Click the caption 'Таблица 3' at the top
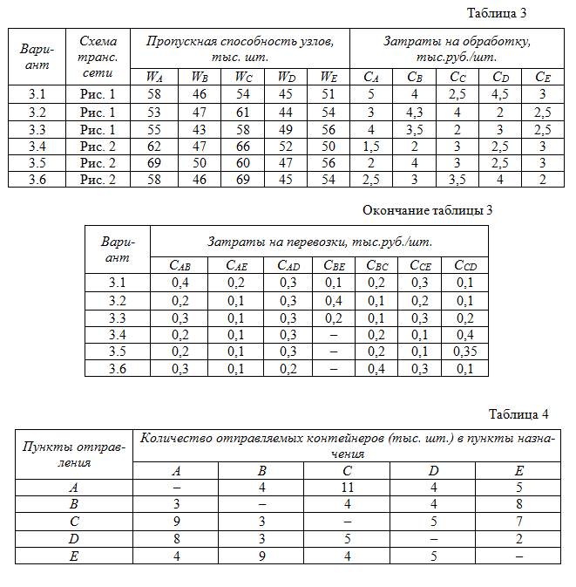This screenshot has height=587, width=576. pos(497,13)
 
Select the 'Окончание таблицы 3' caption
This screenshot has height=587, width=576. pos(432,210)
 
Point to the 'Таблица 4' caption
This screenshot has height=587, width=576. pos(518,413)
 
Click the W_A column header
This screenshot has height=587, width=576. pos(154,76)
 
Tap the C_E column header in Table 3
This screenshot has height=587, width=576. pos(542,76)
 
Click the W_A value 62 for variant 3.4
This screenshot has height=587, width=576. pos(154,145)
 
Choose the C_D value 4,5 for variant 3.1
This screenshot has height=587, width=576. pos(500,94)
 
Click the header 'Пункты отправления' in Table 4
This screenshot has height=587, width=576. pos(73,454)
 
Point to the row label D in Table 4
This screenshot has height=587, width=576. pos(73,540)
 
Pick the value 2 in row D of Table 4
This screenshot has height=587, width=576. pos(518,540)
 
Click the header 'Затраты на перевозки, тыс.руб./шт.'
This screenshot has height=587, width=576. pos(320,242)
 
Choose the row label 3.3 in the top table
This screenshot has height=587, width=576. pos(37,128)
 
